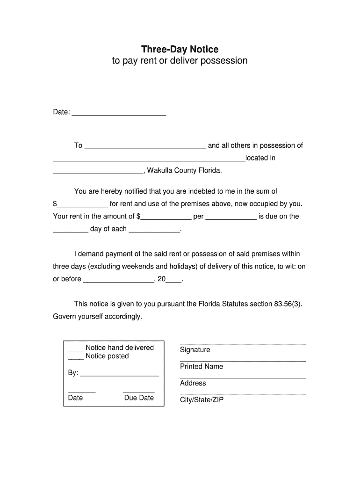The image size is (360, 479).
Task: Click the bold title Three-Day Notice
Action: pos(180,49)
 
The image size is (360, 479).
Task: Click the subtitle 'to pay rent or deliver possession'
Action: pos(180,61)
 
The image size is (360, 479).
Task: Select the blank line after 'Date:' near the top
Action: pos(119,113)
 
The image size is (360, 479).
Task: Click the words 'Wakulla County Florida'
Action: pos(184,170)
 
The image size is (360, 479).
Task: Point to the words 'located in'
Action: pos(260,158)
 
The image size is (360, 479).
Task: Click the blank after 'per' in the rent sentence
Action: pos(231,218)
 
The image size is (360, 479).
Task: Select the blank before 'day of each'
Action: pos(70,230)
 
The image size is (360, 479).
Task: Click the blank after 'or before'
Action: pos(118,280)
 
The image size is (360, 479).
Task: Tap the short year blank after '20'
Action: pos(173,280)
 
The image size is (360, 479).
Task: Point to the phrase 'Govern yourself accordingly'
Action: pos(97,317)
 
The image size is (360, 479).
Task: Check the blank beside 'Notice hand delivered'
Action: pos(76,348)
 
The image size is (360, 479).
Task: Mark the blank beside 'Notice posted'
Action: pos(76,357)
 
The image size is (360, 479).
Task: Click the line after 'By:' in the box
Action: pos(120,374)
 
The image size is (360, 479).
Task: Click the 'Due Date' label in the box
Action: pos(139,398)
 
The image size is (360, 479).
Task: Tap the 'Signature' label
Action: pos(195,350)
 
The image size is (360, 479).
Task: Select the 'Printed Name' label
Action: pos(202,367)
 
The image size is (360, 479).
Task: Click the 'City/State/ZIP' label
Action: pos(202,400)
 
